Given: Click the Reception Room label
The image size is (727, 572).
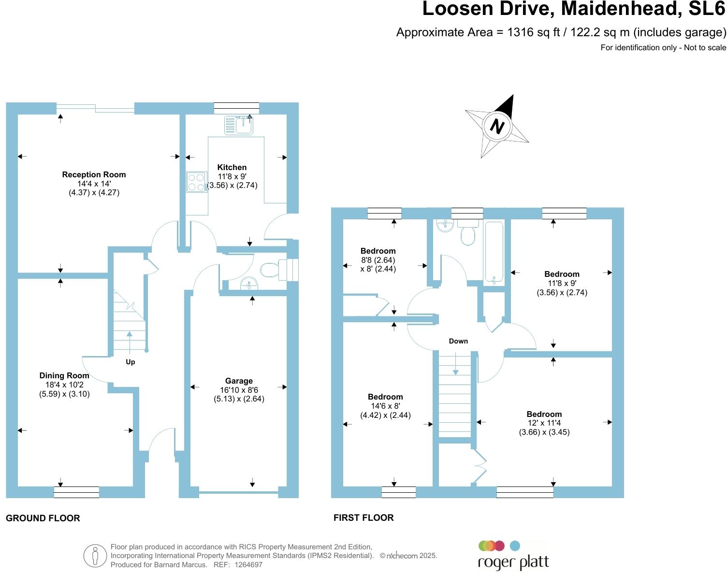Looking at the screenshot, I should coord(94,175).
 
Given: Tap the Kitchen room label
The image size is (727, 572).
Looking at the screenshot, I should coord(232,168).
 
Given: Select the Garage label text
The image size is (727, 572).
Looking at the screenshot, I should coord(239,381).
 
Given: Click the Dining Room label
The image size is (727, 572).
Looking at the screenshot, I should coord(64,376).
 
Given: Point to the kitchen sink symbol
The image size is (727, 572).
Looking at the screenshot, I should coord(239,125).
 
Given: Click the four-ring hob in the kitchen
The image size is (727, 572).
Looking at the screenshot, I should coord(196,182).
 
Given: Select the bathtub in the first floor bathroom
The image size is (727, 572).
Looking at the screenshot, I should coord(494,252).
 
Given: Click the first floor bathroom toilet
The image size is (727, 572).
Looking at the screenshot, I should coord(467,233).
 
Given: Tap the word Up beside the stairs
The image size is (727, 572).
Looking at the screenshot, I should coord(130,362).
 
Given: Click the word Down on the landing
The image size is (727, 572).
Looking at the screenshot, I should coord(458,341).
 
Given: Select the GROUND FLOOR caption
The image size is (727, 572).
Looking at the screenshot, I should coord(43,518).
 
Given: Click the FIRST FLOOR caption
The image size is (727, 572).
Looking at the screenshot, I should coord(363,518).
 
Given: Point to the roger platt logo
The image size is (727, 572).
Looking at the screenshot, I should coord(513,556).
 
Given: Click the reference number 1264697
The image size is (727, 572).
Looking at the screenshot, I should coord(248,564).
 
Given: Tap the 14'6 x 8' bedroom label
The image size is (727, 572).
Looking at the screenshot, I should coord(385,406).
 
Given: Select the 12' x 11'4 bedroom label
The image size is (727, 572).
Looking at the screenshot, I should coord(544,423).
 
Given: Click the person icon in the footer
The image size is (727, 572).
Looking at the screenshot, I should coord(95,556).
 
